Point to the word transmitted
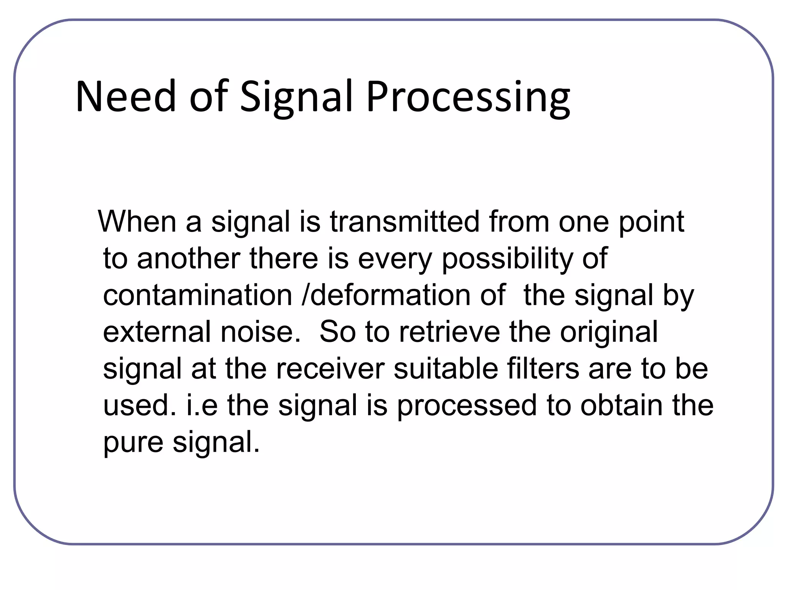[x=405, y=222]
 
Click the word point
[x=651, y=222]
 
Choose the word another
[x=188, y=258]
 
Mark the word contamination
[x=198, y=295]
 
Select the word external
[x=157, y=332]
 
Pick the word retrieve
[x=449, y=332]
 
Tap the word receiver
[x=330, y=369]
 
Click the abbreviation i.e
[x=202, y=406]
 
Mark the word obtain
[x=621, y=406]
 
